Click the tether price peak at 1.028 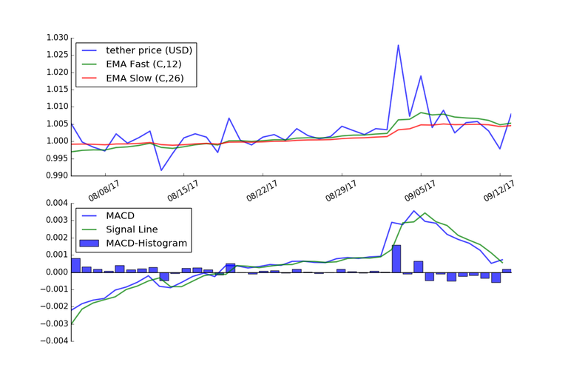(398, 45)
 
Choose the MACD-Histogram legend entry (146, 243)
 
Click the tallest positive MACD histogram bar (396, 258)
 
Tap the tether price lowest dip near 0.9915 (161, 170)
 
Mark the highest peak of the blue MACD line (415, 211)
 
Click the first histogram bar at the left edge (75, 265)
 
